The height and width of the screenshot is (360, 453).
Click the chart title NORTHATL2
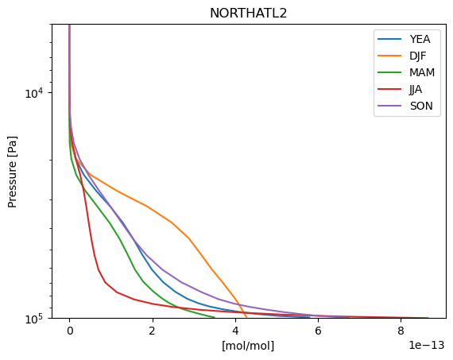click(249, 14)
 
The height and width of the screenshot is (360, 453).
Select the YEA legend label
click(420, 39)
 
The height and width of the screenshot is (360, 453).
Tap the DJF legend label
click(418, 56)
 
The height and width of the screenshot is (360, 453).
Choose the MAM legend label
click(422, 72)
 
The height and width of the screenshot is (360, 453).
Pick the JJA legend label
click(416, 89)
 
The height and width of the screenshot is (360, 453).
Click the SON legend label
click(421, 106)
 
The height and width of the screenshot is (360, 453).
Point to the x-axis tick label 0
click(70, 331)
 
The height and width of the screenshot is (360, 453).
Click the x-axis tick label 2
click(153, 331)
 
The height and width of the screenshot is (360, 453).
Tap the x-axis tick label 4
click(235, 331)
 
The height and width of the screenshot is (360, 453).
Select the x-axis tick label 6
click(318, 331)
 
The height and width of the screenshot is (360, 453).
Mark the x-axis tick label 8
click(401, 331)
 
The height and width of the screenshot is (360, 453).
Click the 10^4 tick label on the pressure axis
click(34, 93)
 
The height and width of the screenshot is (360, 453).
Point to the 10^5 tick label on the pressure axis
click(34, 319)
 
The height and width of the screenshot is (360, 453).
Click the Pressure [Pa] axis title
click(13, 172)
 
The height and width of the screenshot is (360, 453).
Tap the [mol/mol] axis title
click(248, 345)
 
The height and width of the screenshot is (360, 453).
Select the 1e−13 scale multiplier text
click(427, 345)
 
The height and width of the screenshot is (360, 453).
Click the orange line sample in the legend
click(389, 56)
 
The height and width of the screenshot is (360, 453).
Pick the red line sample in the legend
click(389, 89)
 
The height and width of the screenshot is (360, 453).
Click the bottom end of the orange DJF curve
click(246, 317)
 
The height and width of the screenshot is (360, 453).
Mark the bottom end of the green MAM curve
click(215, 317)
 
